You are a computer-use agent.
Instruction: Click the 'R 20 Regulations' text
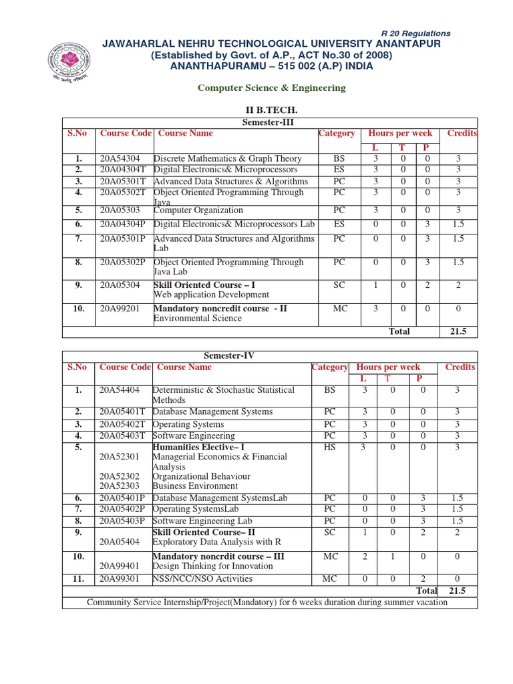415,33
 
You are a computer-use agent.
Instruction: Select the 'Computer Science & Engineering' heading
272,88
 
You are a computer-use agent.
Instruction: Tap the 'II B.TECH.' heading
271,110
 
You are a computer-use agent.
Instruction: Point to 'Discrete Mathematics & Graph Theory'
228,159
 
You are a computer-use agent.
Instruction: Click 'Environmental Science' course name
198,319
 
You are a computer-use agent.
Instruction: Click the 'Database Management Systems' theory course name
212,412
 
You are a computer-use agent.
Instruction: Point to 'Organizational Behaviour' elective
202,476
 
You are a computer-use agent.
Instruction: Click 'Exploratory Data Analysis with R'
213,542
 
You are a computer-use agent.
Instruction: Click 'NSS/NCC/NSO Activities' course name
203,578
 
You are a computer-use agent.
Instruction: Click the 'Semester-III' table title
271,122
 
